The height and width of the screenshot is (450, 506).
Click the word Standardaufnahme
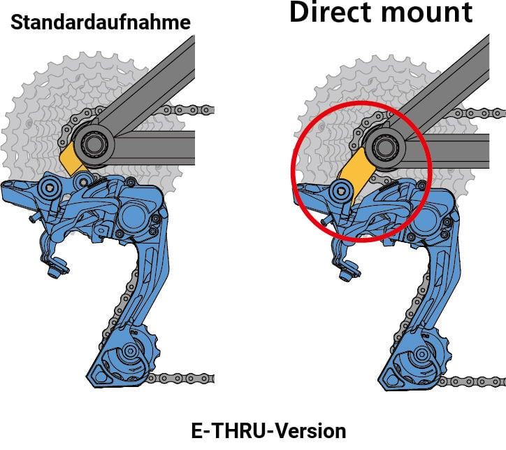101,23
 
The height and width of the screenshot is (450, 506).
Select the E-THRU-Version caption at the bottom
268,431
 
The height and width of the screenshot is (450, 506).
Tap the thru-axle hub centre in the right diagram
385,147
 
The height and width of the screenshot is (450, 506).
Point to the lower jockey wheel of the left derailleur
130,351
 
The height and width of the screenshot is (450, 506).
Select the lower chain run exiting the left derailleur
181,378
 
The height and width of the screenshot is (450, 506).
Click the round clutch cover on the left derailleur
133,216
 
